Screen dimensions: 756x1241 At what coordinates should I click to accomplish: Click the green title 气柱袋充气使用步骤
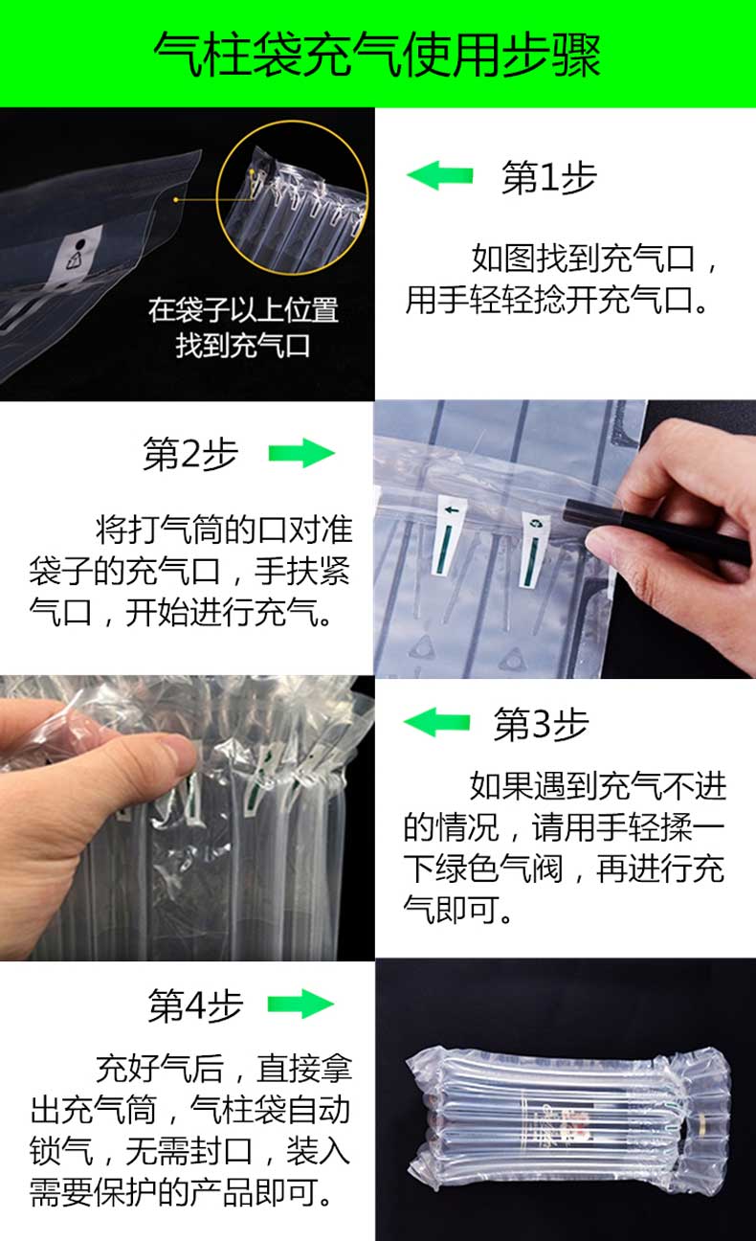377,54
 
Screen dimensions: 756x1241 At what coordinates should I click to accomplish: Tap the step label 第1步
549,177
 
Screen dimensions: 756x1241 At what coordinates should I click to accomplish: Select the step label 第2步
190,453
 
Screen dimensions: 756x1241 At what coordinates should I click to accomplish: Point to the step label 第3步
541,724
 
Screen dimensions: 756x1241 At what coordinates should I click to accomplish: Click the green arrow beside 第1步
440,175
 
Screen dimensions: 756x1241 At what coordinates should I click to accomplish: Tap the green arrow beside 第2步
301,453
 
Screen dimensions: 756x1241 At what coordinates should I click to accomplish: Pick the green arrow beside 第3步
437,722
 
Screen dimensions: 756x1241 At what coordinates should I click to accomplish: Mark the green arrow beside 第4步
300,1004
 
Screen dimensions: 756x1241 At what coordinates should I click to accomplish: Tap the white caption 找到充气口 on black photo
242,345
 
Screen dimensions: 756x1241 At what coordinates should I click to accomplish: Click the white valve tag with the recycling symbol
533,549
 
